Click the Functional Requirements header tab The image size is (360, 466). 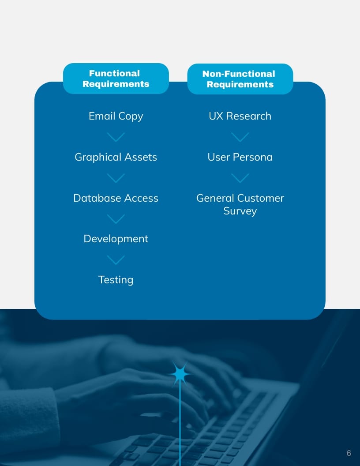pyautogui.click(x=116, y=79)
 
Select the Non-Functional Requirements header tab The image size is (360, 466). pyautogui.click(x=240, y=79)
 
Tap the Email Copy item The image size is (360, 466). pyautogui.click(x=116, y=116)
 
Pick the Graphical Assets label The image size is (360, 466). pyautogui.click(x=116, y=157)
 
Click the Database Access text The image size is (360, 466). pyautogui.click(x=116, y=198)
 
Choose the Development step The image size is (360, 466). pyautogui.click(x=116, y=239)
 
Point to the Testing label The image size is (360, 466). pyautogui.click(x=116, y=280)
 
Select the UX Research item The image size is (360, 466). pyautogui.click(x=240, y=116)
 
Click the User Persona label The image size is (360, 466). pyautogui.click(x=240, y=157)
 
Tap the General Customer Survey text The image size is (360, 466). pyautogui.click(x=240, y=204)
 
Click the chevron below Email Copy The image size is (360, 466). pyautogui.click(x=116, y=137)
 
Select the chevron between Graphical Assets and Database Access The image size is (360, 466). pyautogui.click(x=116, y=178)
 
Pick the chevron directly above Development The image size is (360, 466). pyautogui.click(x=116, y=219)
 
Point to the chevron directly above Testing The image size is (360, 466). pyautogui.click(x=116, y=260)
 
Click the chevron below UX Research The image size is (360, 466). pyautogui.click(x=240, y=137)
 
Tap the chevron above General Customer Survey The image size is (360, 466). pyautogui.click(x=240, y=178)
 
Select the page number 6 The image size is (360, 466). pyautogui.click(x=349, y=453)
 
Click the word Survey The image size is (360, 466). pyautogui.click(x=240, y=211)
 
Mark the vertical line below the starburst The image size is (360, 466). pyautogui.click(x=180, y=424)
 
